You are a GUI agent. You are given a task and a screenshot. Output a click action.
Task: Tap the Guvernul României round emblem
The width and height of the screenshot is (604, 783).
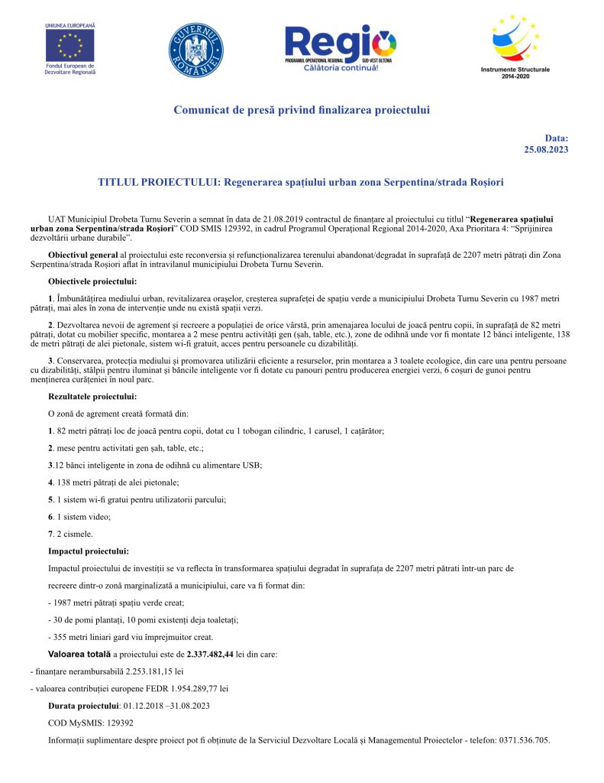(x=196, y=51)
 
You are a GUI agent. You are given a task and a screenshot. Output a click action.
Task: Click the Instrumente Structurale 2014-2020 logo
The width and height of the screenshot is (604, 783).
(x=515, y=45)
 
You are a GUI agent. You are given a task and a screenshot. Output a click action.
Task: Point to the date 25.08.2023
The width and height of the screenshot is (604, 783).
(x=546, y=150)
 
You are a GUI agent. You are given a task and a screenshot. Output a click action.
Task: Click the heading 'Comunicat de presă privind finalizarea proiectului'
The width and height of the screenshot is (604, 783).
(x=302, y=110)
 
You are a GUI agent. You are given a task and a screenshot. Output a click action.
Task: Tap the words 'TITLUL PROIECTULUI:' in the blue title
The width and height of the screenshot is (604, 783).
(x=158, y=183)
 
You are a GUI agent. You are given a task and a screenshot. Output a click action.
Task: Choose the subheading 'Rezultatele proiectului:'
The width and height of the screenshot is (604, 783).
(x=92, y=396)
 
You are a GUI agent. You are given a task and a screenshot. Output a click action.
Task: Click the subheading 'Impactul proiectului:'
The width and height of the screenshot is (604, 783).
(x=88, y=551)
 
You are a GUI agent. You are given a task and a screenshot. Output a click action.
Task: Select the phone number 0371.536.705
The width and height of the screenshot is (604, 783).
(x=523, y=740)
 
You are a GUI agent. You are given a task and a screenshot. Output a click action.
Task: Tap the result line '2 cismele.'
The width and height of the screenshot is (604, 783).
(x=74, y=534)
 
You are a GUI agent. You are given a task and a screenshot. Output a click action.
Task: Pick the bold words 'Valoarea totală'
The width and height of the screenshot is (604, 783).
(x=79, y=655)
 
